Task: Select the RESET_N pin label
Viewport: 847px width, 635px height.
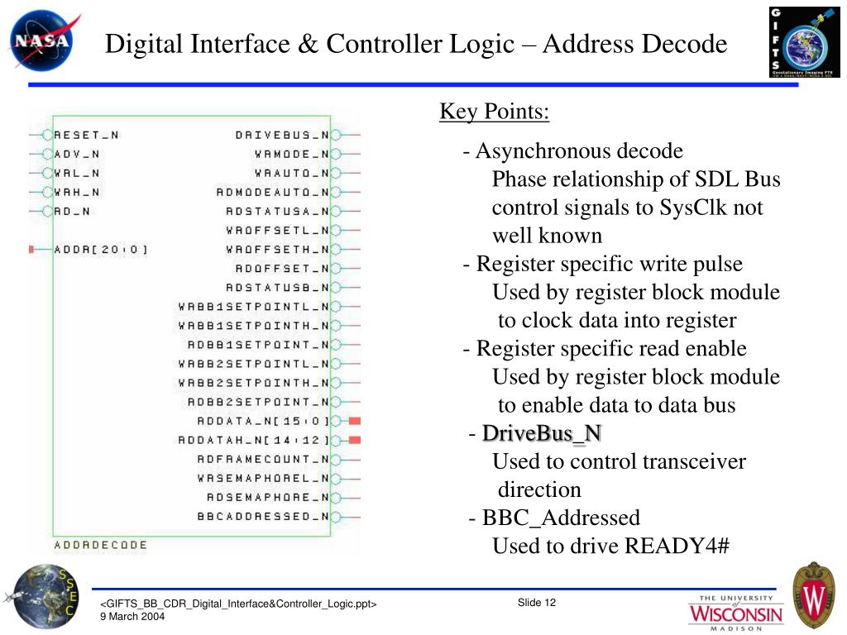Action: pyautogui.click(x=86, y=135)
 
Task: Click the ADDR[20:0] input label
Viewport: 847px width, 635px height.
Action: pyautogui.click(x=101, y=249)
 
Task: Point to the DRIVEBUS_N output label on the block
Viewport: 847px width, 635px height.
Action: pyautogui.click(x=282, y=135)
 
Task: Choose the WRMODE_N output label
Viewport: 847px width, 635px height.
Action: pyautogui.click(x=291, y=154)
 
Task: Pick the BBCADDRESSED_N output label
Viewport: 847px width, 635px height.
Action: pyautogui.click(x=262, y=517)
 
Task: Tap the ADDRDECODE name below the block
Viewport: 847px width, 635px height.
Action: pyautogui.click(x=100, y=545)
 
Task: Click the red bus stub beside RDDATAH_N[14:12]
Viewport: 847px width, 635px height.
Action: pyautogui.click(x=355, y=440)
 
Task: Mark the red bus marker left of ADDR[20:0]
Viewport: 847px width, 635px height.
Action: pyautogui.click(x=31, y=249)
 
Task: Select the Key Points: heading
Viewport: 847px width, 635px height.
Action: pyautogui.click(x=494, y=112)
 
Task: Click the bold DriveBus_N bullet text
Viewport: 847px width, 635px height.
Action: pyautogui.click(x=542, y=433)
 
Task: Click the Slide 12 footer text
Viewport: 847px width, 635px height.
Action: pyautogui.click(x=537, y=603)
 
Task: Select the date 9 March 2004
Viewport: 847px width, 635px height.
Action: pyautogui.click(x=132, y=617)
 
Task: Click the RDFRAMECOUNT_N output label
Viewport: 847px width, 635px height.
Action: pyautogui.click(x=262, y=459)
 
